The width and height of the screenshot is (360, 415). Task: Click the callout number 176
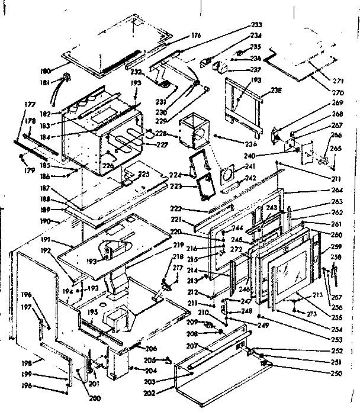[x=196, y=36]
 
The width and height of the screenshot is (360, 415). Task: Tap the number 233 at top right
[x=256, y=25]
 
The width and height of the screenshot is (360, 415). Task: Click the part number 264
[x=339, y=189]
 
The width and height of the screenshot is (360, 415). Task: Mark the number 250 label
[x=337, y=373]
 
